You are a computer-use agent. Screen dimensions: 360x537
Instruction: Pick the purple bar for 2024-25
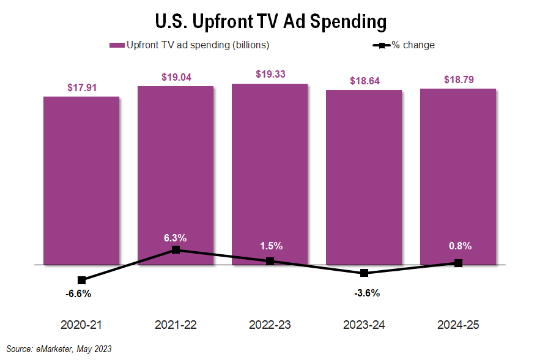[x=458, y=177]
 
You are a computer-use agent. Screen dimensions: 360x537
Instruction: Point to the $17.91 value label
[x=81, y=87]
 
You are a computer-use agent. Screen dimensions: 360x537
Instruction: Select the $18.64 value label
[x=364, y=81]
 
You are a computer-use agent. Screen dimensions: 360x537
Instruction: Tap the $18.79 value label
[x=458, y=79]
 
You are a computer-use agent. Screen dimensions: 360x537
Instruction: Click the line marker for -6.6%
[x=81, y=280]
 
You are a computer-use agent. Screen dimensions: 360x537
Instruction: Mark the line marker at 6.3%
[x=176, y=249]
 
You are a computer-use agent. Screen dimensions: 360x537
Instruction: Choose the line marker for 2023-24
[x=364, y=273]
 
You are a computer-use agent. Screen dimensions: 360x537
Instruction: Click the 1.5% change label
[x=270, y=246]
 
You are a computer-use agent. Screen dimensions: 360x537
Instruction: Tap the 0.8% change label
[x=458, y=246]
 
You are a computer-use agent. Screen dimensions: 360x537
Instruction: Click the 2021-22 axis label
[x=176, y=325]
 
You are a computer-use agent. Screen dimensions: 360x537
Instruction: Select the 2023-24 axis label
[x=364, y=325]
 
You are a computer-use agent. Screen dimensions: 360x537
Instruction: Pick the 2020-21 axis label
[x=81, y=325]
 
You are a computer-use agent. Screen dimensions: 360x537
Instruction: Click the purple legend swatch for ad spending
[x=117, y=45]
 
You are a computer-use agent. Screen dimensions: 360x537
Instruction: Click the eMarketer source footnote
[x=59, y=349]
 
